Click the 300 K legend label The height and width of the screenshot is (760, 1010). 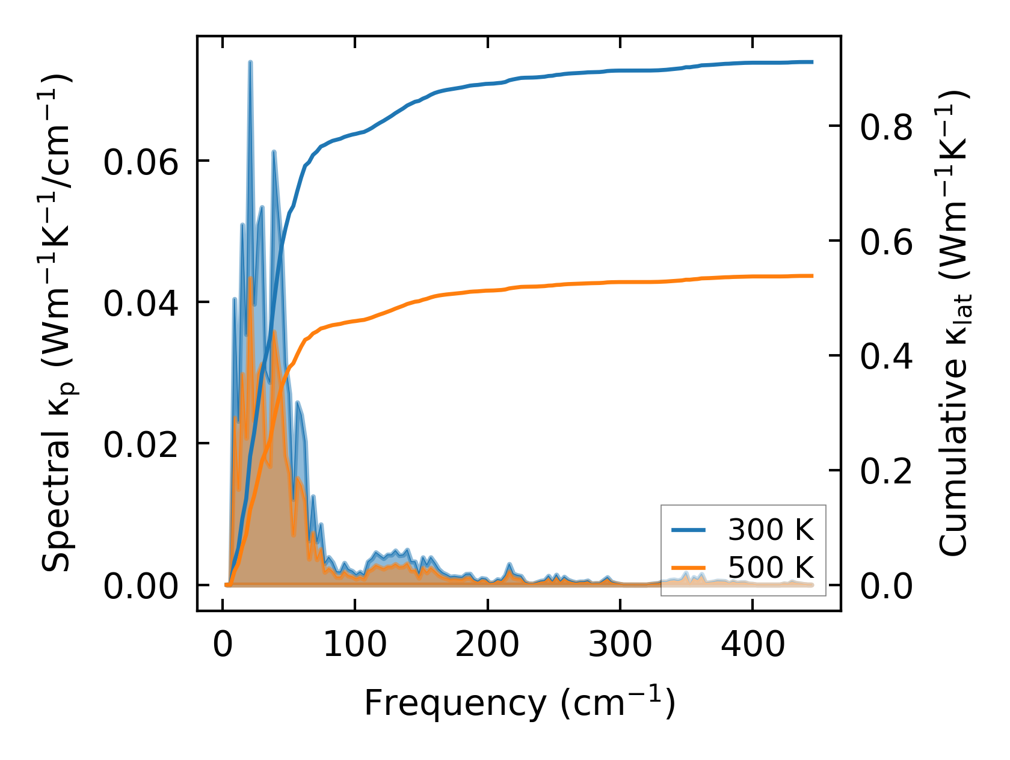(771, 530)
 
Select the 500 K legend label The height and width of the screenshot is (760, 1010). (771, 568)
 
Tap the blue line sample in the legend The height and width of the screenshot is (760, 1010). (689, 530)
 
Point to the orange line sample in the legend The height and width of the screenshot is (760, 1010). (689, 568)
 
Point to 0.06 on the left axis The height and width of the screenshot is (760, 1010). (141, 162)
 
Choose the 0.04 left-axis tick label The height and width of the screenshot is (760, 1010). (141, 303)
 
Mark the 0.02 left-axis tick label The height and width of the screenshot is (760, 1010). (141, 444)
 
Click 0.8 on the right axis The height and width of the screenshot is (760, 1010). (886, 127)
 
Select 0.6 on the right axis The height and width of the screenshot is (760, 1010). (886, 242)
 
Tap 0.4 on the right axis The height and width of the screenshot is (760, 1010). (886, 356)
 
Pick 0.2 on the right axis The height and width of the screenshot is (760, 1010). (886, 471)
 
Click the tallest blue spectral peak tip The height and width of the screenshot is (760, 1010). (250, 63)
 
